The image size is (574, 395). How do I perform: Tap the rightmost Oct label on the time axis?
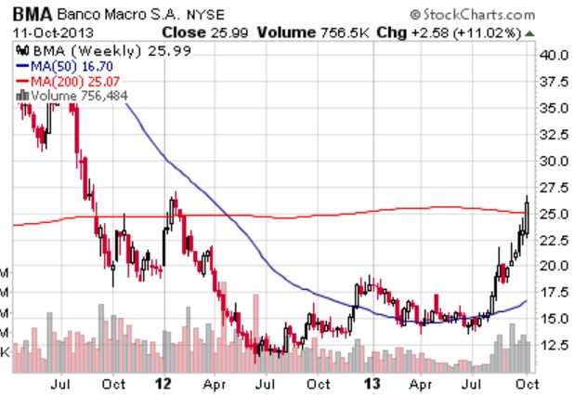[525, 382]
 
